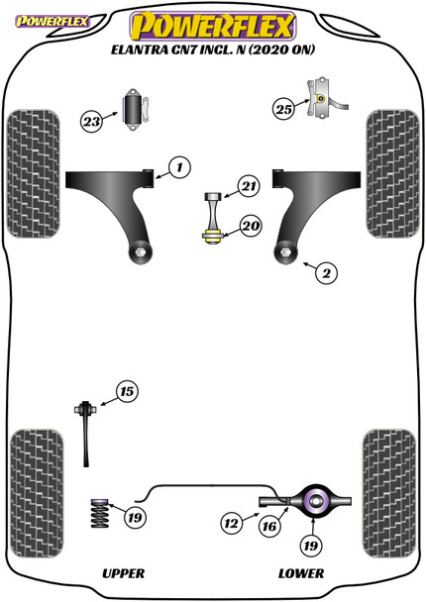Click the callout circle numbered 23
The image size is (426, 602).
point(92,122)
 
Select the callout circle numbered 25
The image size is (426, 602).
point(283,109)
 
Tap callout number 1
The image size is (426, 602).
point(178,168)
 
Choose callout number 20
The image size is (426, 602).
point(250,226)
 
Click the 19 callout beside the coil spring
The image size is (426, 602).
point(135,516)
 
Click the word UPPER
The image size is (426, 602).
point(123,573)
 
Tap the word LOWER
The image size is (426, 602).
point(302,573)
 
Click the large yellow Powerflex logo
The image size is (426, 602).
point(214,24)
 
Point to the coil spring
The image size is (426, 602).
point(97,516)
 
